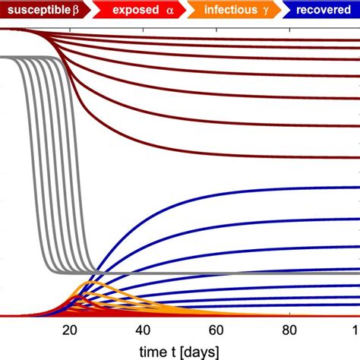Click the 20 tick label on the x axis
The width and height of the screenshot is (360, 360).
coord(70,330)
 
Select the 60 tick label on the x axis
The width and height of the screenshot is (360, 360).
coord(216,330)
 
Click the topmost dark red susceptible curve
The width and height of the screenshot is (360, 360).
coord(228,37)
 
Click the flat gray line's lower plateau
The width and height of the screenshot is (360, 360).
coord(228,272)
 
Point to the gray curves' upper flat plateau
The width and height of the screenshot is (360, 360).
coord(23,57)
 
